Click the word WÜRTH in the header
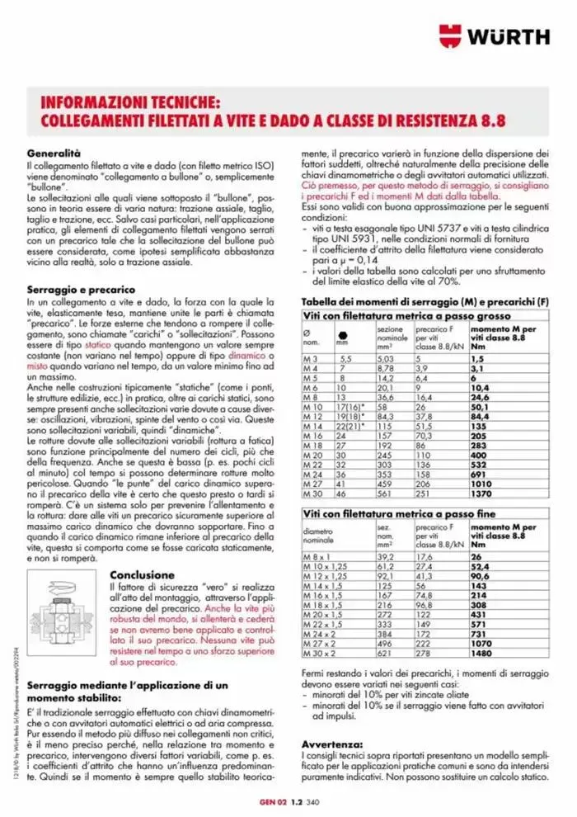[x=509, y=35]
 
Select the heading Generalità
[x=54, y=153]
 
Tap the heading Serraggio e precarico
[x=81, y=291]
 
